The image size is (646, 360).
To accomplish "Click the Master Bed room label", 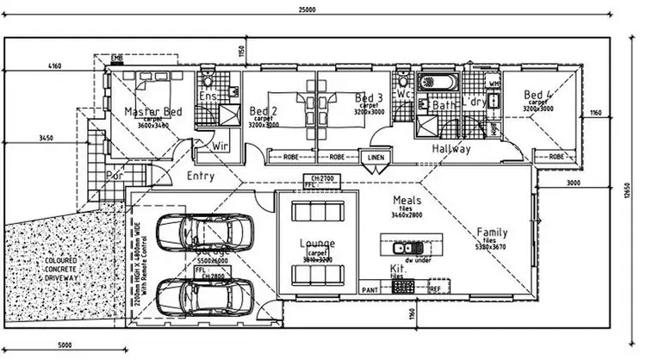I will pyautogui.click(x=153, y=112).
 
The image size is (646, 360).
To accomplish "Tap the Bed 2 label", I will pyautogui.click(x=264, y=110).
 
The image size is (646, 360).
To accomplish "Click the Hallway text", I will pyautogui.click(x=451, y=149).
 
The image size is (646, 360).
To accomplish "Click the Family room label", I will pyautogui.click(x=492, y=233).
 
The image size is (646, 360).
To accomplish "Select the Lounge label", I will pyautogui.click(x=317, y=244).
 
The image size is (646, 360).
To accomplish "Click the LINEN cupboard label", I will pyautogui.click(x=375, y=158).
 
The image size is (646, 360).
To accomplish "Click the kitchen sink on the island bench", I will pyautogui.click(x=403, y=248).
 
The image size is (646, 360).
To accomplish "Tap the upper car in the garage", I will pyautogui.click(x=202, y=231).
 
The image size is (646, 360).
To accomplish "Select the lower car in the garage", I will pyautogui.click(x=202, y=298).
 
